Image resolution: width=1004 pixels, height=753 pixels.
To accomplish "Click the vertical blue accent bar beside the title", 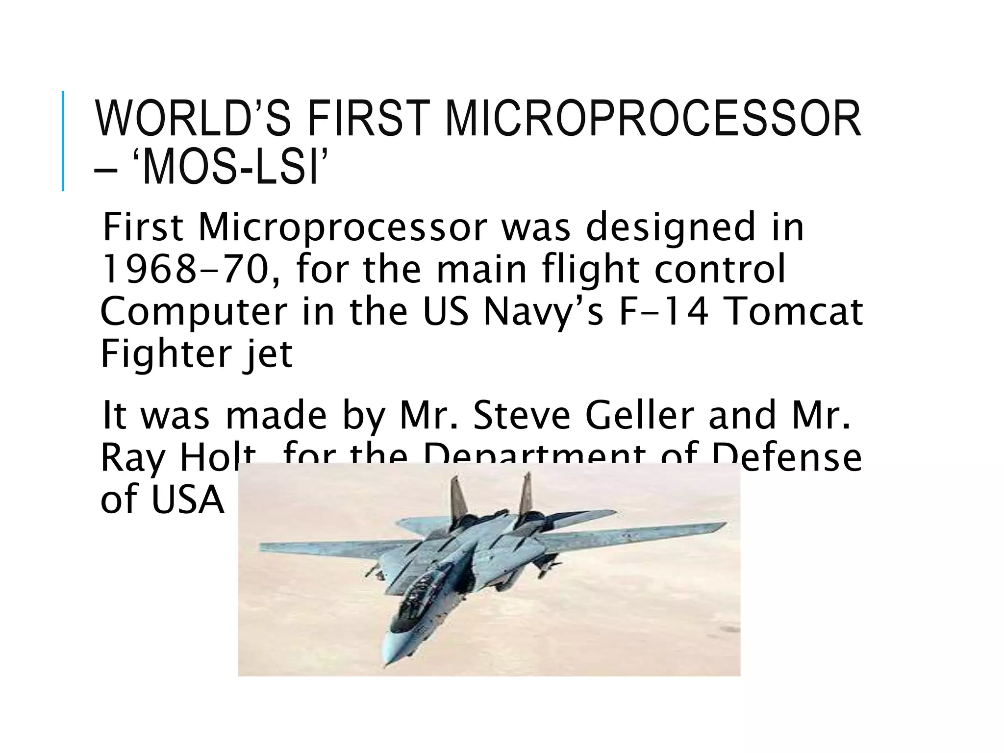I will click(63, 141).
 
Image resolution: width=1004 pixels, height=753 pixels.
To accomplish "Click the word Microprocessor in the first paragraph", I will click(343, 227).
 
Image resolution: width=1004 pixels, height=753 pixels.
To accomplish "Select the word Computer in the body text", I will click(194, 312).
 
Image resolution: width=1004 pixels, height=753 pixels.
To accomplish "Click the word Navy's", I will click(543, 312).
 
